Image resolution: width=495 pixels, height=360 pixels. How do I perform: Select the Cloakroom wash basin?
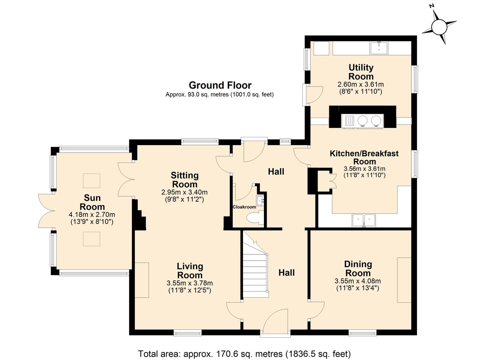pos(260,200)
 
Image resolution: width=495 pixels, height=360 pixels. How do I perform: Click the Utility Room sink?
pos(379,48)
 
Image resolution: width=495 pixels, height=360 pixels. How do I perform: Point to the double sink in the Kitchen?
pos(364,221)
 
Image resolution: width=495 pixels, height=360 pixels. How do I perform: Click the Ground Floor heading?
pos(220,85)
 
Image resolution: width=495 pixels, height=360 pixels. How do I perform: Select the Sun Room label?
pos(92,202)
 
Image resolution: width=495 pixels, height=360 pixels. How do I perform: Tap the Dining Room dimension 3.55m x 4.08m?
pos(358,281)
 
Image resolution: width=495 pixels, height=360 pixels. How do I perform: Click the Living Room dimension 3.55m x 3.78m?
pos(190,283)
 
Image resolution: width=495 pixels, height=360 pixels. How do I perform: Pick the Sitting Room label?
pos(185,180)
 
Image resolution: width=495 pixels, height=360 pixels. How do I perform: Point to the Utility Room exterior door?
pos(313,95)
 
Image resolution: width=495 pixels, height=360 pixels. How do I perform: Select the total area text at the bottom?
pos(244,354)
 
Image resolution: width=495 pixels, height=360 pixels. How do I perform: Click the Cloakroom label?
pos(244,207)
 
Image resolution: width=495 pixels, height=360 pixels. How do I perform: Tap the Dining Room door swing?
pos(316,310)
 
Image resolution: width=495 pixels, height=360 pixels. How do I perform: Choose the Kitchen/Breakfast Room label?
pos(364,158)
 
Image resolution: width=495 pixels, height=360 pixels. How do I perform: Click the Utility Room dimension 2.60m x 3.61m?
pos(361,85)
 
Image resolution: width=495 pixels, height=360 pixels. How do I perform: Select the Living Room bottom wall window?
pos(188,333)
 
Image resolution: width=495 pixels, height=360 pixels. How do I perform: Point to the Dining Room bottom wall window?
pos(363,333)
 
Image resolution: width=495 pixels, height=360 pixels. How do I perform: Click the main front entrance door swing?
pos(276,321)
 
